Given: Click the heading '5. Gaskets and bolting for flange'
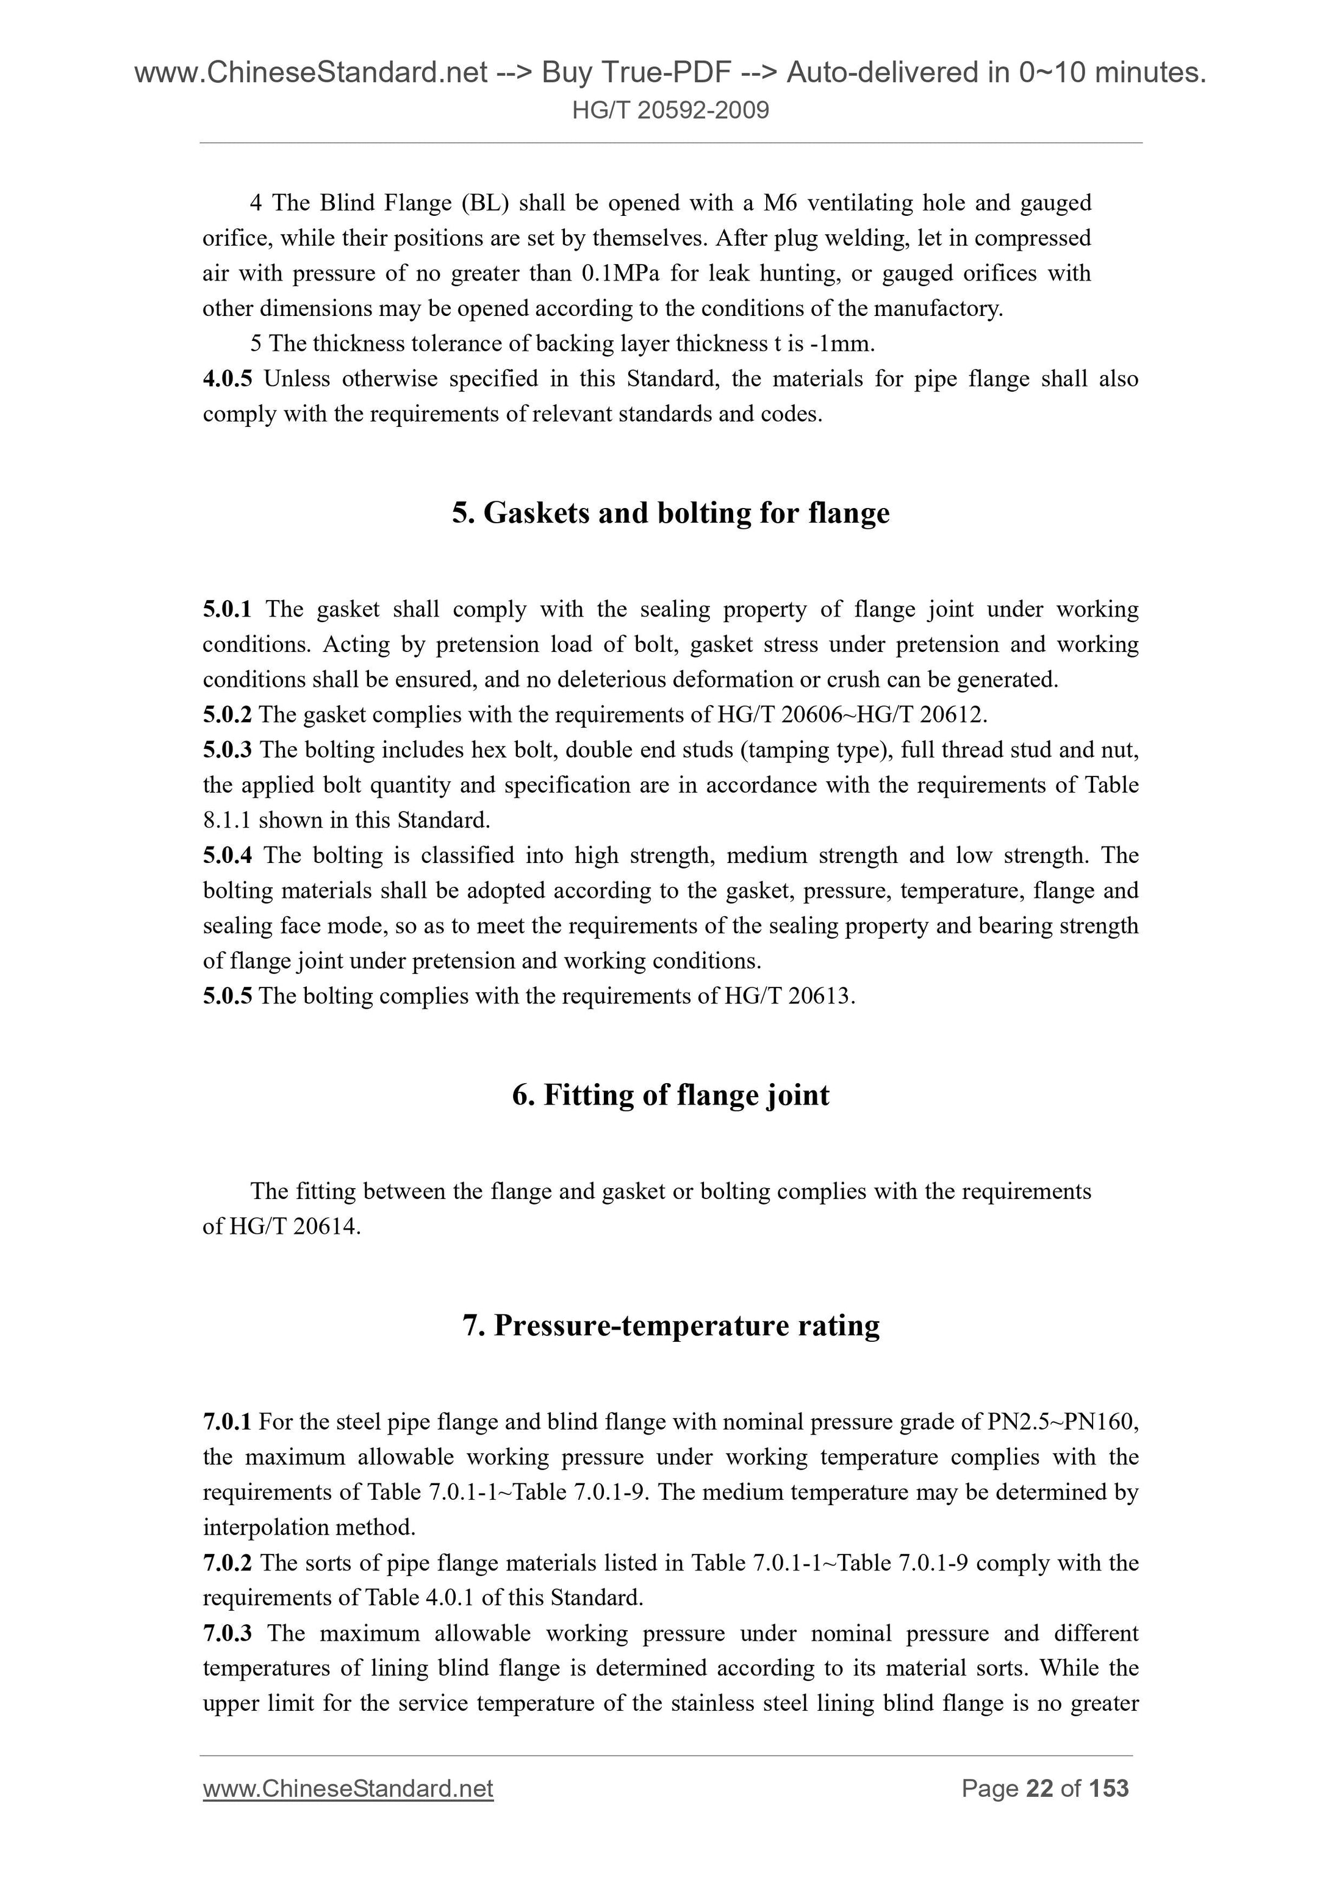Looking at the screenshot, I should point(670,514).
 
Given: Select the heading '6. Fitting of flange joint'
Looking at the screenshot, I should point(670,1095).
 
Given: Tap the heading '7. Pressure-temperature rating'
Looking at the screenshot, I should point(670,1325).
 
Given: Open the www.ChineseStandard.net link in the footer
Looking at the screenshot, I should point(348,1789).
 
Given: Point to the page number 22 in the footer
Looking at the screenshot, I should point(1039,1789).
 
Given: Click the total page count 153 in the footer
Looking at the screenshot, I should point(1109,1789).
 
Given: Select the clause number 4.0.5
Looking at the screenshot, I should point(228,379).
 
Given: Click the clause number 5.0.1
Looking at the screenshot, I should point(228,610).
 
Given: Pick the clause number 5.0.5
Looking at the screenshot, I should point(228,996).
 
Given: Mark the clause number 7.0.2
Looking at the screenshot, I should point(228,1563).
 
